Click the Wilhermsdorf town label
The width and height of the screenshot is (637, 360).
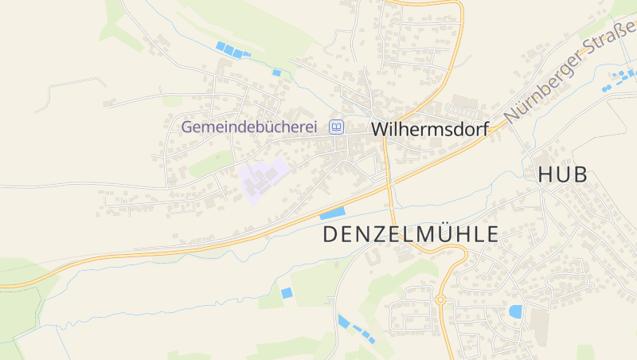pos(429,128)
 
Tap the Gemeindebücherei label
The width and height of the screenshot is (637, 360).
pos(249,127)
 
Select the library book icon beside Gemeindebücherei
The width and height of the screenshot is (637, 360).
pos(336,127)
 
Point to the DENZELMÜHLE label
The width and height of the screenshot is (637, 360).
pos(410,234)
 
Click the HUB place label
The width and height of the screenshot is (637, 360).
pos(562,175)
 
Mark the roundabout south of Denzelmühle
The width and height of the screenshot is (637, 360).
pos(440,299)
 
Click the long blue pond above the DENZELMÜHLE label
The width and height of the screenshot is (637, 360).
pos(333,213)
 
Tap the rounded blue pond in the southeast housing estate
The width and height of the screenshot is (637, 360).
pos(515,311)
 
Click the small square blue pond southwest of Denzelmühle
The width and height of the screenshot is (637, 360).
pos(287,293)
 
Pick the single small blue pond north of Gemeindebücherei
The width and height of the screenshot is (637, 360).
pos(276,72)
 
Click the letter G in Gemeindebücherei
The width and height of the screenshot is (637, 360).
pos(188,127)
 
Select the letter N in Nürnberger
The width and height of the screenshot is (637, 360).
pos(509,114)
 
